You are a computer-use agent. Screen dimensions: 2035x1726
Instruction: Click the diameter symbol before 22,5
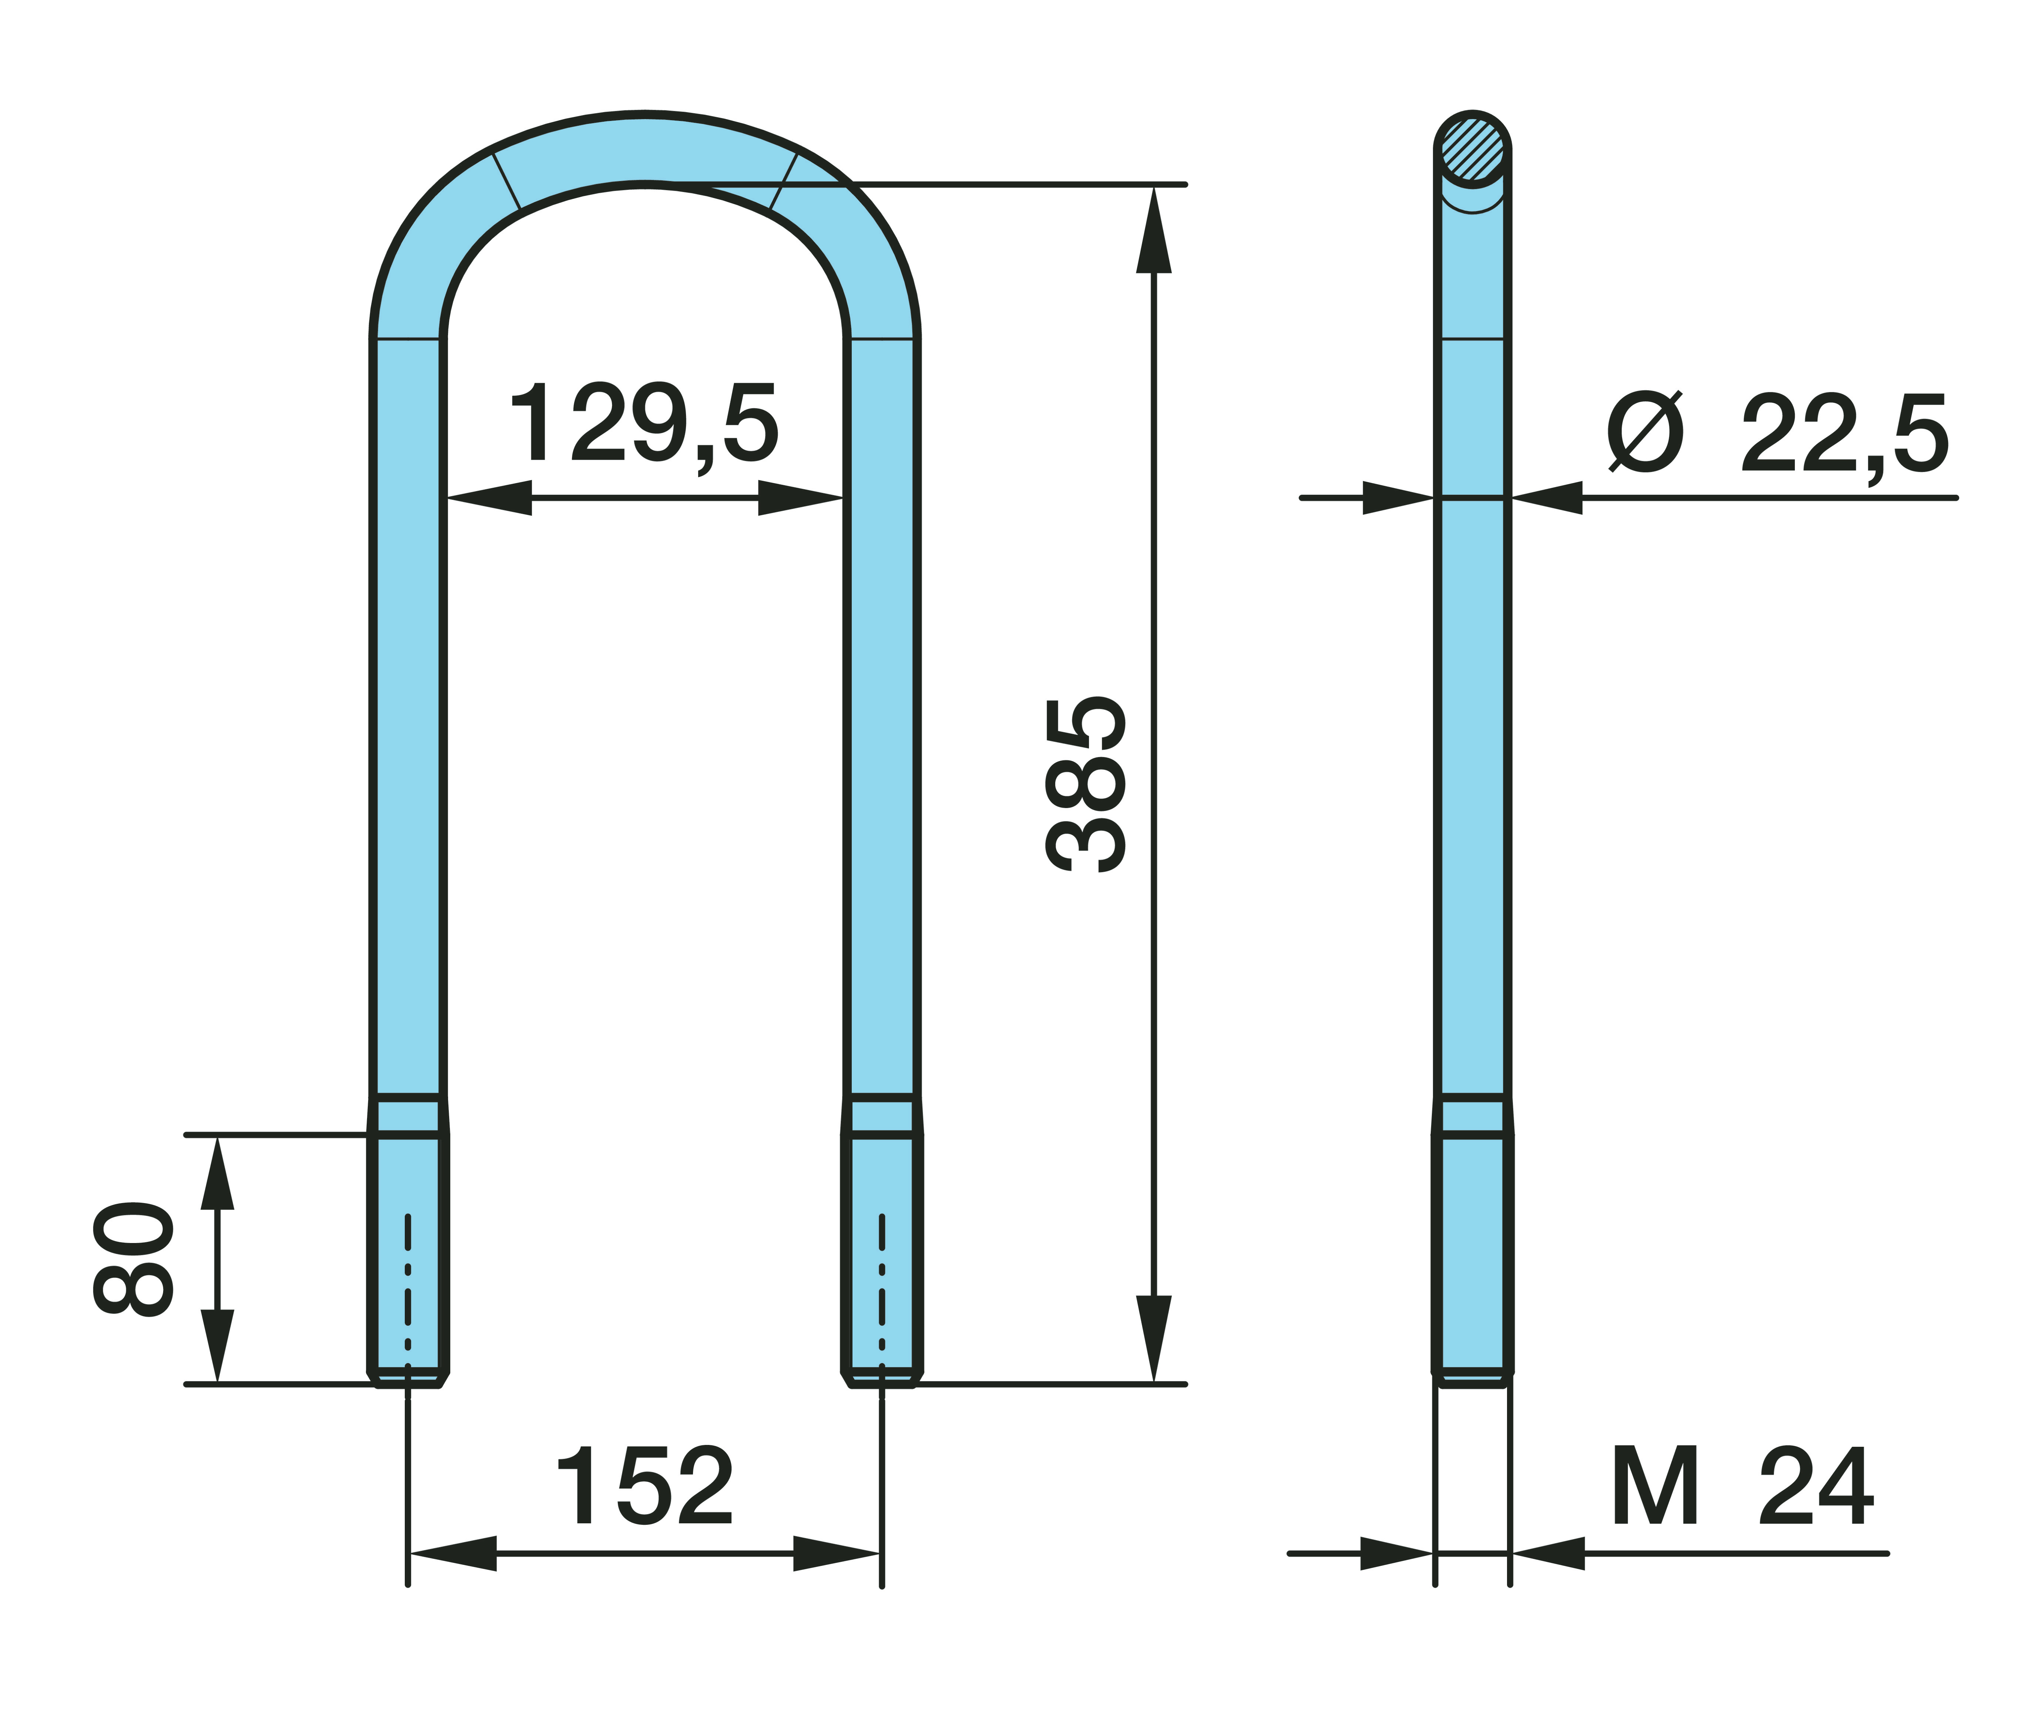[1645, 432]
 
